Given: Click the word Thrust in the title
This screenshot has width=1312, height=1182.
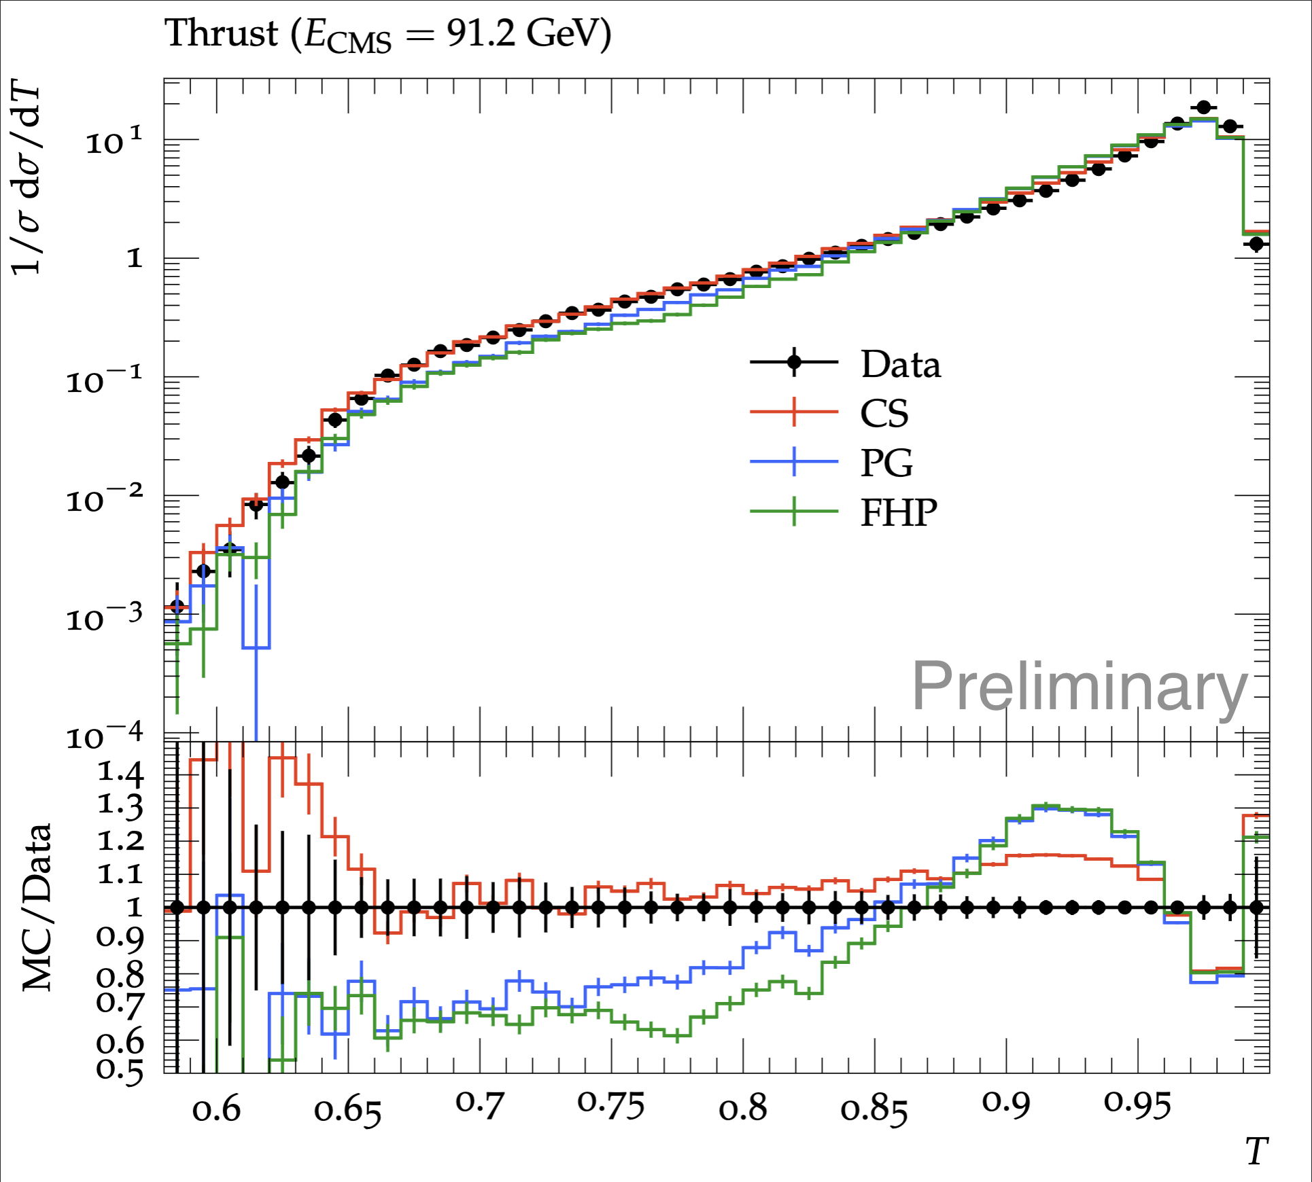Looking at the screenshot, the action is click(x=222, y=33).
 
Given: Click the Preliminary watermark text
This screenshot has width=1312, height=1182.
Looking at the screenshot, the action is click(x=1080, y=687).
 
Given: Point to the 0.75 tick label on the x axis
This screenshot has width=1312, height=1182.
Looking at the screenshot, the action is click(x=611, y=1106).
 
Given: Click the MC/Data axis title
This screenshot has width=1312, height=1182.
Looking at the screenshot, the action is click(x=37, y=908).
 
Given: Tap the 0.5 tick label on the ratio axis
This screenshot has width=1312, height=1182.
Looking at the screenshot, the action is click(x=120, y=1069).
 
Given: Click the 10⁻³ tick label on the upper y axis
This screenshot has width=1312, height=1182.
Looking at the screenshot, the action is click(x=105, y=616).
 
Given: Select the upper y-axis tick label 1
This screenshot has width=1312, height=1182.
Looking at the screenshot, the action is click(x=135, y=258).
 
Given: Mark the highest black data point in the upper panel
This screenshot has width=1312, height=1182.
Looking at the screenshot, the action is click(x=1204, y=107).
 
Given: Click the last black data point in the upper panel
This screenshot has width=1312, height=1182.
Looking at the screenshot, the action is click(x=1256, y=243).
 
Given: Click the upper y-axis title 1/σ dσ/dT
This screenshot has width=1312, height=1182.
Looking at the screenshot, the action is click(x=26, y=181).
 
